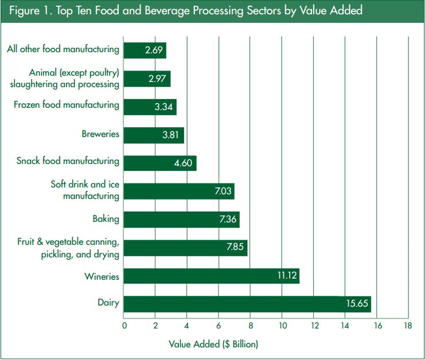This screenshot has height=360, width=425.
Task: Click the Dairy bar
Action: [x=247, y=304]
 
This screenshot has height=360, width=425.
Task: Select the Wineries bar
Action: [x=211, y=276]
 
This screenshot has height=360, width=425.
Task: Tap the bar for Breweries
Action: [x=154, y=135]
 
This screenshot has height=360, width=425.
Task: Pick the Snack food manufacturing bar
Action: [x=160, y=163]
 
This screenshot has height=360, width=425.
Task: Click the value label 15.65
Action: [x=357, y=304]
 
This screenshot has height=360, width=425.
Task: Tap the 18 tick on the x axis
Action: [x=408, y=326]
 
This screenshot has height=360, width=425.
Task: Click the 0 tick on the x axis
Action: [x=124, y=326]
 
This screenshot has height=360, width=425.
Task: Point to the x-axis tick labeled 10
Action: [x=282, y=326]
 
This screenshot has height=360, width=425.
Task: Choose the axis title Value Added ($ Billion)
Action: [x=213, y=344]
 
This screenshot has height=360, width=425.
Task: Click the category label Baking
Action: [x=106, y=219]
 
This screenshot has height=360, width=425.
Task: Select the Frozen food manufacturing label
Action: [x=67, y=105]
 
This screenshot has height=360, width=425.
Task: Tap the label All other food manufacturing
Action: [x=63, y=49]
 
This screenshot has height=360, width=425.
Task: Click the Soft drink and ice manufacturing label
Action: [x=85, y=190]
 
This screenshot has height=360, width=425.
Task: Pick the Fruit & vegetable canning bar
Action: [x=185, y=248]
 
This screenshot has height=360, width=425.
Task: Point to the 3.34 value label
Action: [x=164, y=107]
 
